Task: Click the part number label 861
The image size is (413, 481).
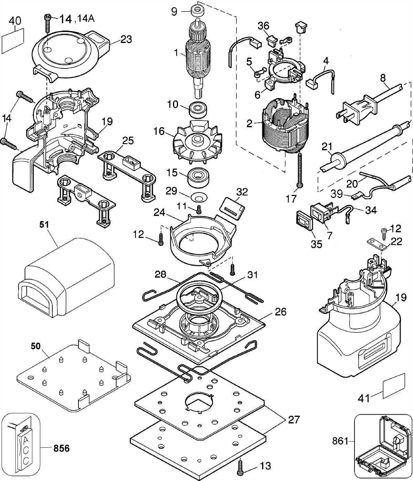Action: [340, 441]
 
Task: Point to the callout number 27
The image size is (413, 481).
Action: [294, 420]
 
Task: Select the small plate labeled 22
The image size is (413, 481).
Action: [377, 244]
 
